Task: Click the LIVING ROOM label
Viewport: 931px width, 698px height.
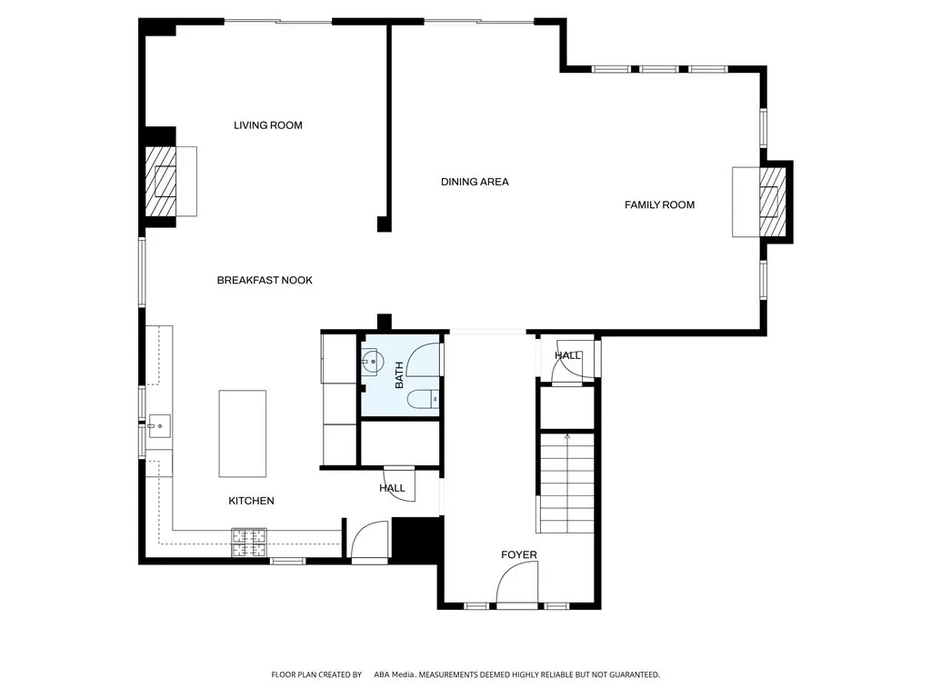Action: point(267,125)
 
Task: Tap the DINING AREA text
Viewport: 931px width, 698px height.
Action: point(475,182)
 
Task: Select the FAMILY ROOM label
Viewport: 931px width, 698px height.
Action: point(659,204)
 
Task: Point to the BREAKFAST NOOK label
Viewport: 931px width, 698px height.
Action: point(265,280)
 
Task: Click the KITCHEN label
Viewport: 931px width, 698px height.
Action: point(251,501)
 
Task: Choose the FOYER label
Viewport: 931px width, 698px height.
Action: point(519,554)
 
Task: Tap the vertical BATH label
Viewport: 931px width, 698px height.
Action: point(398,375)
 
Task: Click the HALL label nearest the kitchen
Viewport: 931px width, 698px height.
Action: point(392,488)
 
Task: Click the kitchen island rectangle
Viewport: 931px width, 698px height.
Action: point(242,434)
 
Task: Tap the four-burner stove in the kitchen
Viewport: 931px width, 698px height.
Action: point(248,543)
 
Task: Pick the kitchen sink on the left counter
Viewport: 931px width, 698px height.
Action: point(159,424)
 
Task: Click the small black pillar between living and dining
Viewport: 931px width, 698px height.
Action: point(384,224)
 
